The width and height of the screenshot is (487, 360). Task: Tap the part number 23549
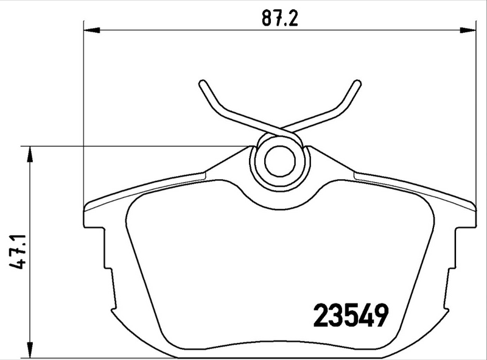(351, 315)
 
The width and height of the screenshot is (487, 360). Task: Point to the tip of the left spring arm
(201, 84)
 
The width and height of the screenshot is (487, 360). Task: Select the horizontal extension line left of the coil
(134, 146)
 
